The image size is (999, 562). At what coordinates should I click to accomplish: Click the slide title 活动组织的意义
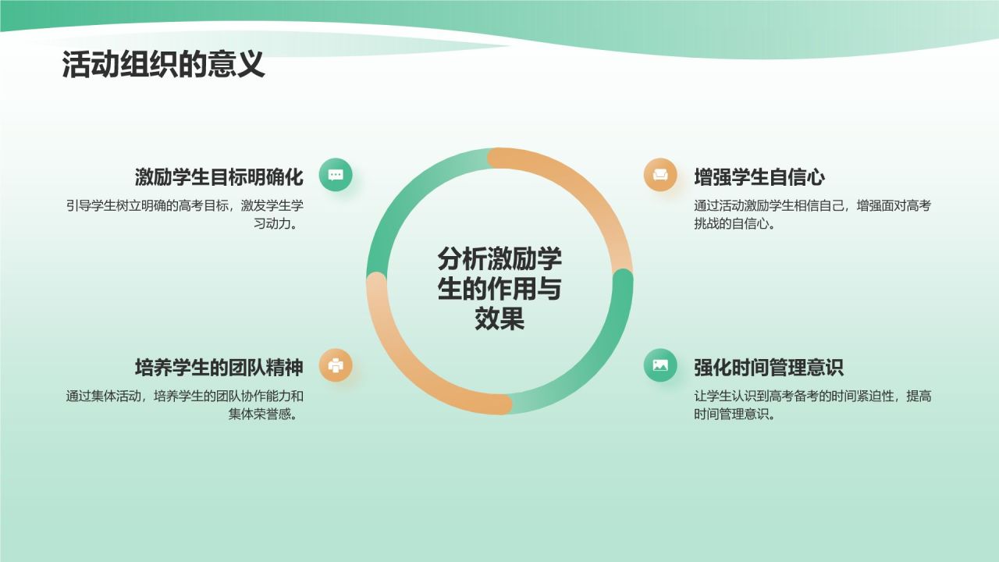[x=163, y=66]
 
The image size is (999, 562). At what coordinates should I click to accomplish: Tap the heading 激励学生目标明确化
[x=219, y=176]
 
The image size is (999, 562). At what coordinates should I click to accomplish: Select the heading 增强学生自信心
[x=759, y=176]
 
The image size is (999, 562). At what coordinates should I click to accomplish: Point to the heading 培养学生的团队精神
[x=219, y=367]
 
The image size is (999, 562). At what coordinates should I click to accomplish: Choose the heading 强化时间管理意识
[x=769, y=367]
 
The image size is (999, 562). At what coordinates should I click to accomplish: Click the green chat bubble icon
[x=336, y=175]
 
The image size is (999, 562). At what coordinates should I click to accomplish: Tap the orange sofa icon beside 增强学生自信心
[x=660, y=175]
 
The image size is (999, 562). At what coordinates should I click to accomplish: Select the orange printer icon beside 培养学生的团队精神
[x=336, y=365]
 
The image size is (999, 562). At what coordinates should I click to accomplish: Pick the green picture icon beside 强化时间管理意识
[x=660, y=365]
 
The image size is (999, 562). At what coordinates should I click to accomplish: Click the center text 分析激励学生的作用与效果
[x=499, y=289]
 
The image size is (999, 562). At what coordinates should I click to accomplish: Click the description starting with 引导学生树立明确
[x=185, y=214]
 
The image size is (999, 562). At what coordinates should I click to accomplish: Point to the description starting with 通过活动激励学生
[x=812, y=214]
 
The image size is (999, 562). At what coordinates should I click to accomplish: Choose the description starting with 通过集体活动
[x=185, y=404]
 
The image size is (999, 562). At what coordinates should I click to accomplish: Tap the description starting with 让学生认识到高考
[x=812, y=404]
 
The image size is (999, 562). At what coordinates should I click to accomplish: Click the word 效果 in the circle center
[x=499, y=318]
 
